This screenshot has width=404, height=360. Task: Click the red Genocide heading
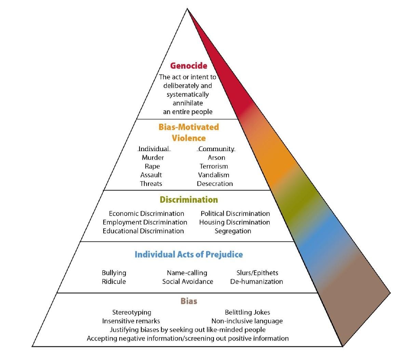pos(189,65)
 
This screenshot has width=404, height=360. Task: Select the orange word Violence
pos(189,138)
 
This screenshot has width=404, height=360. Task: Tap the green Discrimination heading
pos(189,200)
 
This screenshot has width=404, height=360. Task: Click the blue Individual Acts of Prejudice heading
pos(189,254)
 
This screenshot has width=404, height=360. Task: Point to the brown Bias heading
pos(189,301)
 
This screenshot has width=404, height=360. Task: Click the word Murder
pos(153,158)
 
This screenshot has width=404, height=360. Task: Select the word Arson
pos(216,158)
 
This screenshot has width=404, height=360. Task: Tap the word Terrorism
pos(214,166)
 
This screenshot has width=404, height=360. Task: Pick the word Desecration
pos(215,184)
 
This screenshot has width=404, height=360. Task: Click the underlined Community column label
pos(216,149)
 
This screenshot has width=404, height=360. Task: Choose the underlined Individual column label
pos(154,149)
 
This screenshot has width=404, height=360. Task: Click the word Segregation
pos(233,231)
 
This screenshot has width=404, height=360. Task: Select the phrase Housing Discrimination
pos(234,222)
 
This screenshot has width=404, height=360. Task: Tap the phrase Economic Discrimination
pos(146,214)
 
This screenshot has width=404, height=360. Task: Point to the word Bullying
pos(114,273)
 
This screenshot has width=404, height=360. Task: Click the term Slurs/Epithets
pos(257,273)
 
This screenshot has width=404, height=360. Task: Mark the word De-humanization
pos(256,282)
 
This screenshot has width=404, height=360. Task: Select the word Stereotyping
pos(132,312)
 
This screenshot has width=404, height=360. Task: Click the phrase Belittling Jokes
pos(247,312)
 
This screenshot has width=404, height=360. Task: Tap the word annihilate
pos(188,103)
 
